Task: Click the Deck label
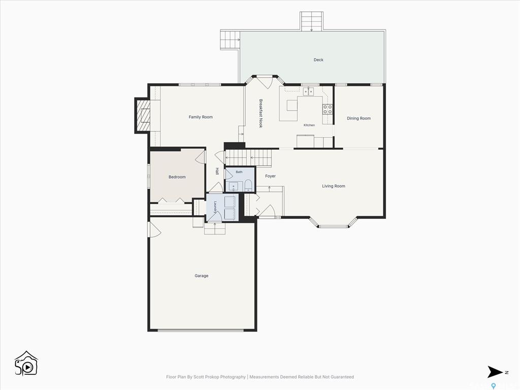(318, 60)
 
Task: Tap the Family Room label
(201, 117)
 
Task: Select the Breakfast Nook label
(261, 113)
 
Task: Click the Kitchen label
(309, 125)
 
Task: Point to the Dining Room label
(359, 118)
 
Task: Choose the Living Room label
(333, 186)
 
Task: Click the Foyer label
(270, 176)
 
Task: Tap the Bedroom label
(177, 177)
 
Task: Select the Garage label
(201, 276)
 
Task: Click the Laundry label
(215, 207)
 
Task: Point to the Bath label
(239, 172)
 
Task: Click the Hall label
(217, 172)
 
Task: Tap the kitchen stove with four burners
(328, 110)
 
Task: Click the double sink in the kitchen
(309, 91)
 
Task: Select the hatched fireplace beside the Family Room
(143, 115)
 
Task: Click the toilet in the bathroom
(248, 185)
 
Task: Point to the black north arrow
(495, 372)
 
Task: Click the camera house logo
(26, 364)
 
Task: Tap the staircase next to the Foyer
(248, 158)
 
